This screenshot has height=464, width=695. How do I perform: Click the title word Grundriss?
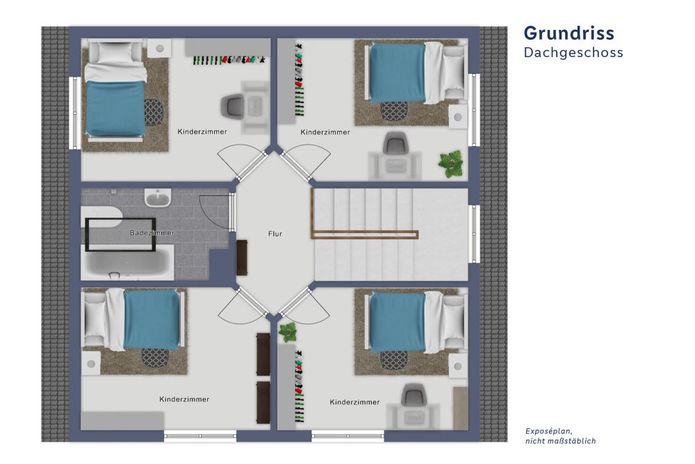(569, 33)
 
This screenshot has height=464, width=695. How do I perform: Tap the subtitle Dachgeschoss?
(573, 53)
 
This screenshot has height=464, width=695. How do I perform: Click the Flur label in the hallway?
(275, 234)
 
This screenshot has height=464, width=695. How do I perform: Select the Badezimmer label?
(152, 232)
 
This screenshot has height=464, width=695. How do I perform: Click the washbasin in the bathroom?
(157, 198)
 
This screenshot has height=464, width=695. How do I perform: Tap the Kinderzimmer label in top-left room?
(202, 131)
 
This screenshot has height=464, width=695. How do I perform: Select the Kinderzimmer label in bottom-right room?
(354, 402)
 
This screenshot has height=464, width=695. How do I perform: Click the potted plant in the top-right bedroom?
(451, 163)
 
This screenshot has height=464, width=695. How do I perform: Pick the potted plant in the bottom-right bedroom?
(288, 332)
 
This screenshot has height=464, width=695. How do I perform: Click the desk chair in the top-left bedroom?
(232, 106)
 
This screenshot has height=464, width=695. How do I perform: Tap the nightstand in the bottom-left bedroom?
(91, 364)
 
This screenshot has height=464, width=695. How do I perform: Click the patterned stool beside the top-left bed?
(154, 112)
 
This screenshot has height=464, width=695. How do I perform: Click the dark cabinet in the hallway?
(242, 257)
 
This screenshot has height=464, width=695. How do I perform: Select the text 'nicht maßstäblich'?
(560, 441)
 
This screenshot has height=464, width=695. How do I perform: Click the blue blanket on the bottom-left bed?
(152, 319)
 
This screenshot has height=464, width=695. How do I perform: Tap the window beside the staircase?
(474, 234)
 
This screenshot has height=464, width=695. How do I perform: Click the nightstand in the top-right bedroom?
(458, 117)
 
